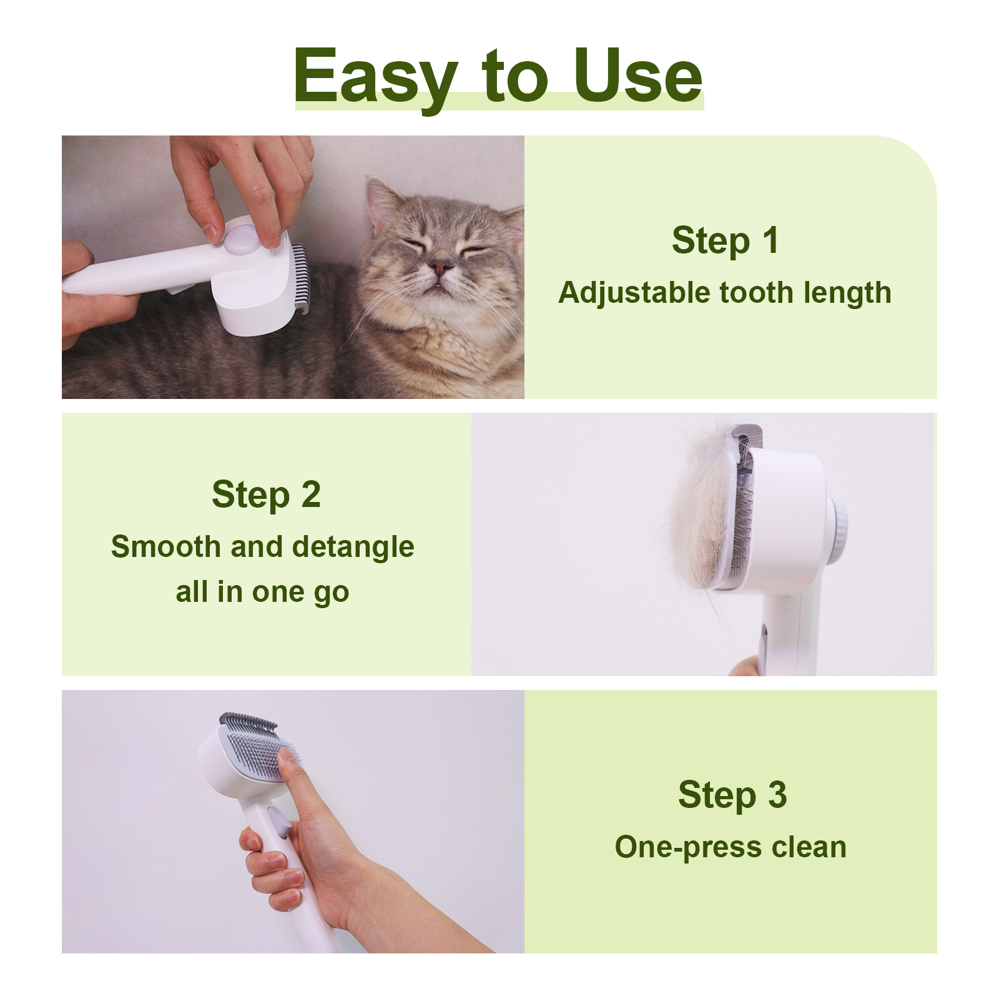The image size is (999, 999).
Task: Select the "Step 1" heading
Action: coord(726,240)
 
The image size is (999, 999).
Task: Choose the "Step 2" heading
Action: coord(266,495)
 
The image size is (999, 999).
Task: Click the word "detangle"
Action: coord(353,547)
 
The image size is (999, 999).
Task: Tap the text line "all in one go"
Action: coord(262,592)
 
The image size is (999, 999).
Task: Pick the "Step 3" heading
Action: coord(732,795)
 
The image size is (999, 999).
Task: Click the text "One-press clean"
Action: coord(731,847)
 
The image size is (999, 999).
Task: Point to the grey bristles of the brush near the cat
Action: coord(300,277)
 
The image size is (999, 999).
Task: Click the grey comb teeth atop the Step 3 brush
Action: coord(247,722)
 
